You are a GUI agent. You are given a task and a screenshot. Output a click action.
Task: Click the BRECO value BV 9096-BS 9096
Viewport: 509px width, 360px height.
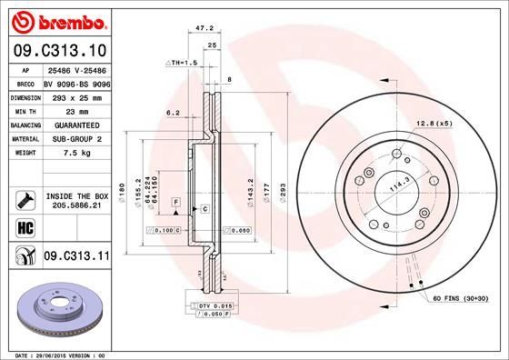76,83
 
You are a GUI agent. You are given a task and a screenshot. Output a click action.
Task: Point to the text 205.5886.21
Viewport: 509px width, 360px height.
76,206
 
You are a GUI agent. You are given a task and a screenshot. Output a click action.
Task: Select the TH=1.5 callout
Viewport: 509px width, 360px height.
181,62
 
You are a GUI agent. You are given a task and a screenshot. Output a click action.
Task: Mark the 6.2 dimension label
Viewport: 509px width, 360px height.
172,114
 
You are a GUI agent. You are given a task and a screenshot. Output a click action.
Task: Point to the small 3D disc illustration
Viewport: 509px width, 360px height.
58,309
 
